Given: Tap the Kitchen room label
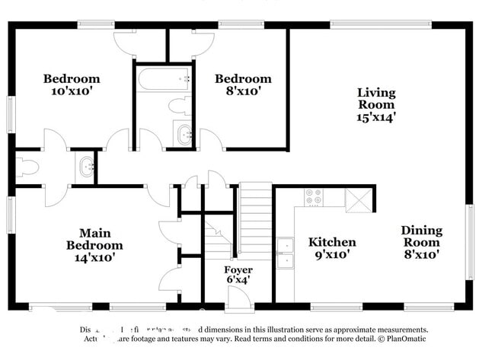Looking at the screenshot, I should [x=331, y=242].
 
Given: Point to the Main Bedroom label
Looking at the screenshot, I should [x=94, y=239].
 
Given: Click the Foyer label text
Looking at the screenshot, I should [x=238, y=270].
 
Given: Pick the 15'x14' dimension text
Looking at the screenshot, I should [x=376, y=117].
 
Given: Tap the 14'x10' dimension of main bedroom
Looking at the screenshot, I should [x=94, y=259].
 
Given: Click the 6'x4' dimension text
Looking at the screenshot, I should [x=238, y=280].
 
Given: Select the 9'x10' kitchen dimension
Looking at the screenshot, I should [x=331, y=254].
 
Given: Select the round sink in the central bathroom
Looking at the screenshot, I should [x=184, y=136].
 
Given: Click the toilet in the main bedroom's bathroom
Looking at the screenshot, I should [x=27, y=167].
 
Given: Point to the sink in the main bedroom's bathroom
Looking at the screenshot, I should [x=86, y=165].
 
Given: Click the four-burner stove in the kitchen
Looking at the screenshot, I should [x=314, y=197].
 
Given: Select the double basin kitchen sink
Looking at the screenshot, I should [x=286, y=254].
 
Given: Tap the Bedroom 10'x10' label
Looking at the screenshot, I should [x=71, y=84].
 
